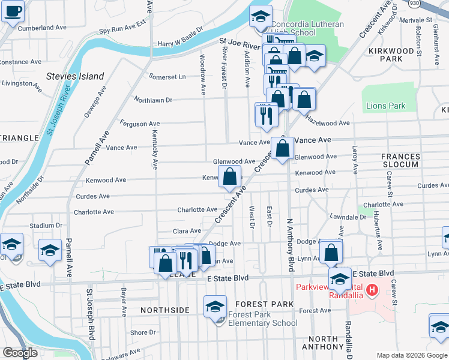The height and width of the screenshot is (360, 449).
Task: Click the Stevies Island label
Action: coord(75,76)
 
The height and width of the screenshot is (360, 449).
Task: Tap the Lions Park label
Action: coord(385,106)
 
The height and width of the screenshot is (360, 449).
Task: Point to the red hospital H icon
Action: coord(372,291)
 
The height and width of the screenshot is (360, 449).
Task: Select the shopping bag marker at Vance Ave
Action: coord(283,148)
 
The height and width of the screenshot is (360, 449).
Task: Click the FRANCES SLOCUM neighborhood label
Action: coord(400,160)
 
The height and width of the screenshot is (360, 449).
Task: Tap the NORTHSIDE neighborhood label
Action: coord(165,310)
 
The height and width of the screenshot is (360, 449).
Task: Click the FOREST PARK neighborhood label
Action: coord(264,304)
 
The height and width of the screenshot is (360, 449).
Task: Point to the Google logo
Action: coord(20,352)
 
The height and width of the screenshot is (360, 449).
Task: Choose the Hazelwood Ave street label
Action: coord(328,122)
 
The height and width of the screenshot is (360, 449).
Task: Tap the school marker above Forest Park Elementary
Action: coord(215,307)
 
